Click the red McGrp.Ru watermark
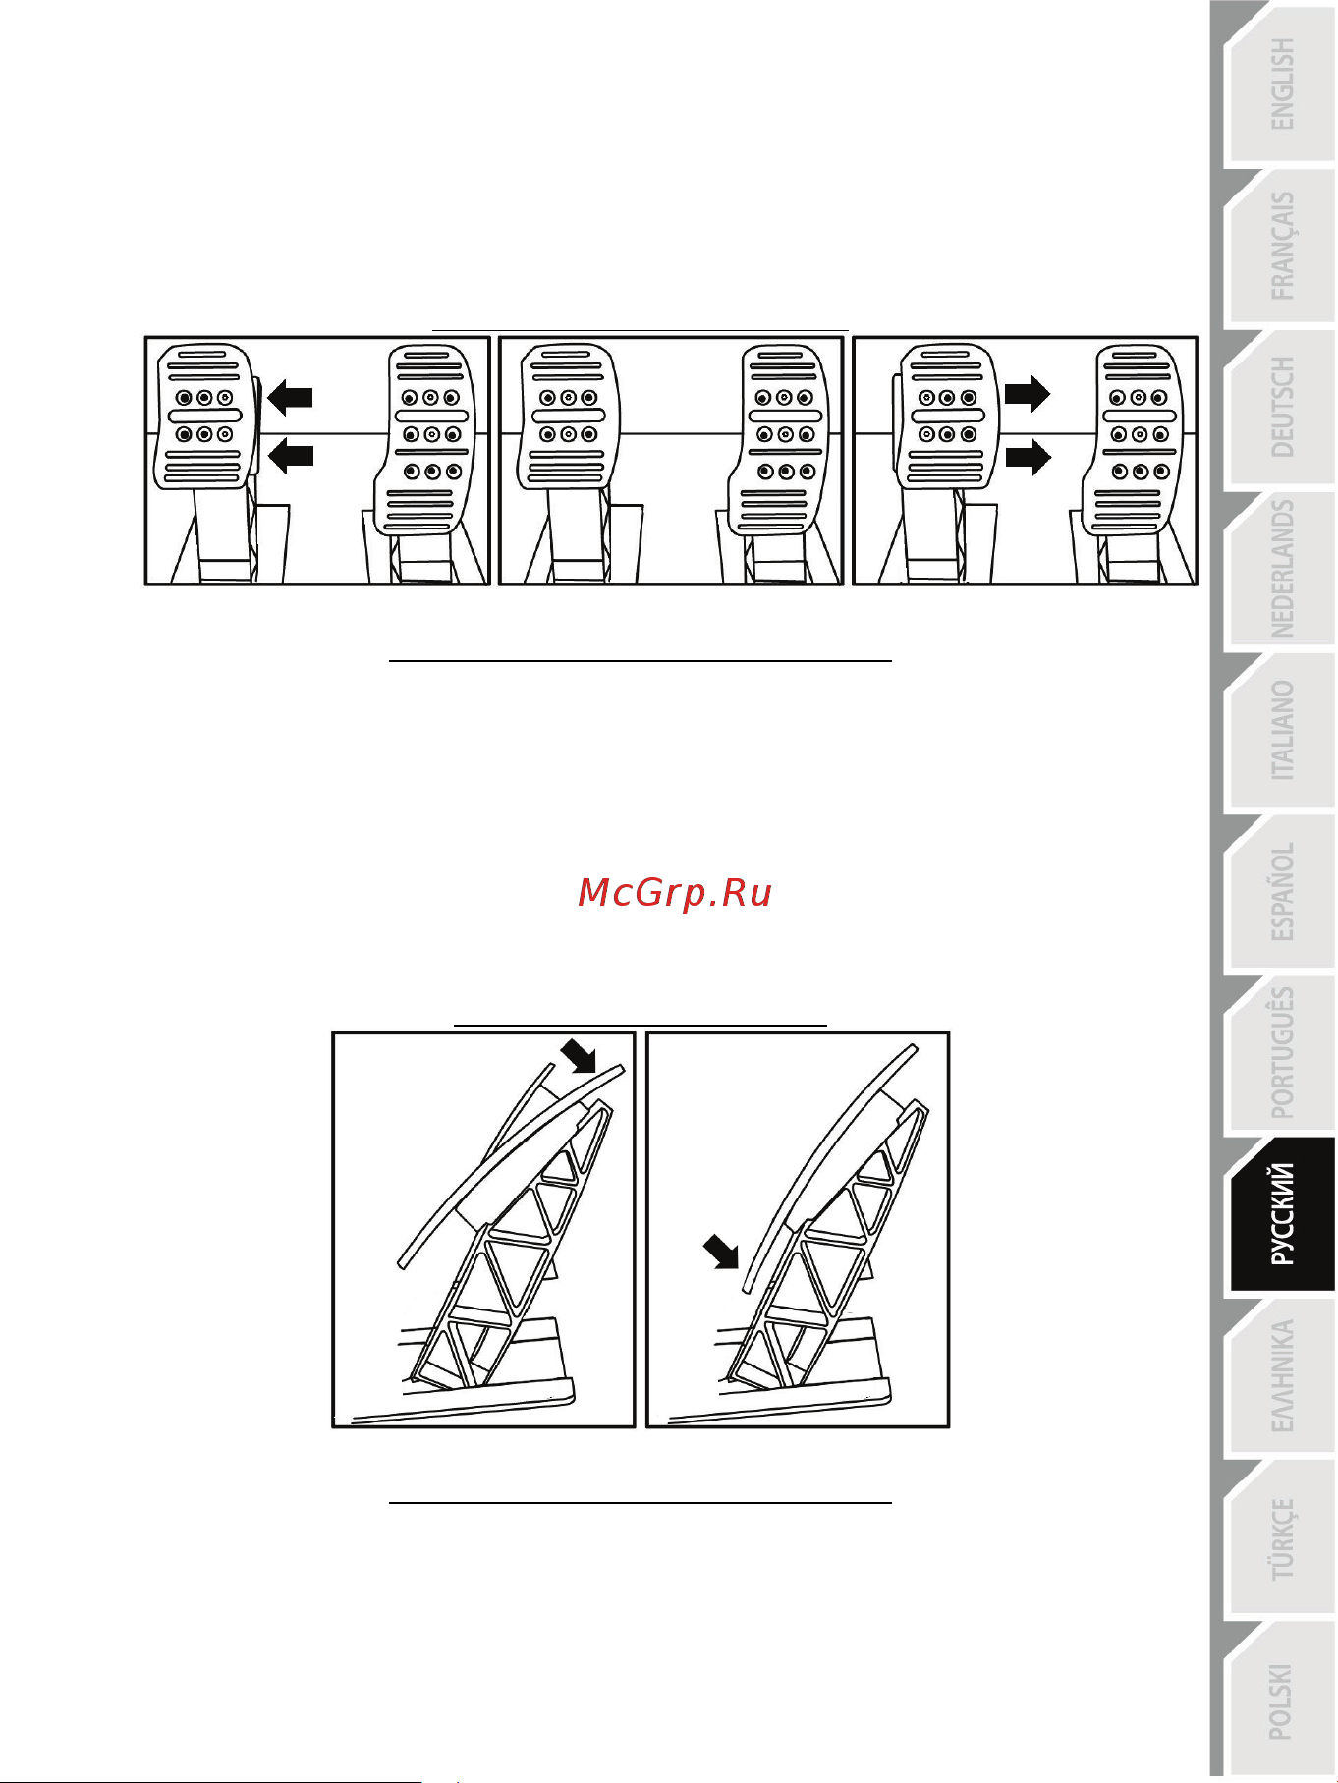(675, 893)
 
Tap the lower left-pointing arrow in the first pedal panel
(290, 455)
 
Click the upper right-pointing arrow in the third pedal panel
(1028, 395)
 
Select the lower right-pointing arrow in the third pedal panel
(1028, 457)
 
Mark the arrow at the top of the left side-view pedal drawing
(579, 1057)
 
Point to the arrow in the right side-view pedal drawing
(721, 1253)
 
